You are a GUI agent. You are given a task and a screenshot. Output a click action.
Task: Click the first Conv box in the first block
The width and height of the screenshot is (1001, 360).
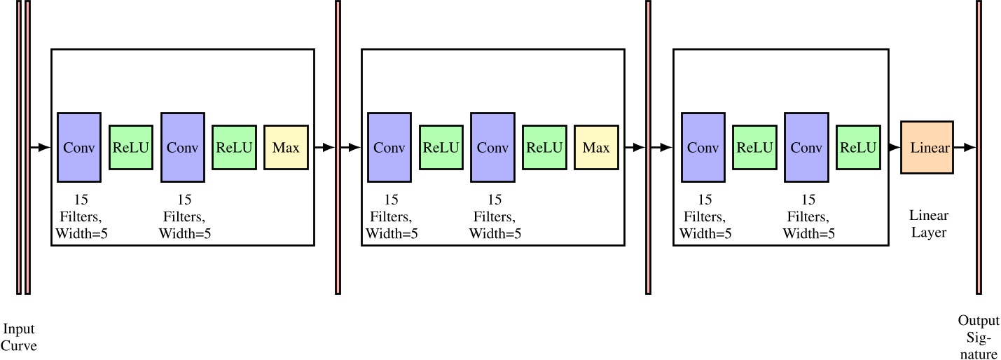point(79,147)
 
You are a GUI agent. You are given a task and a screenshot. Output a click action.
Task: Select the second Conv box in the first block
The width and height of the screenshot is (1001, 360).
point(183,147)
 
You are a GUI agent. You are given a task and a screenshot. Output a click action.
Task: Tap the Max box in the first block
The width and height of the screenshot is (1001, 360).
point(286,148)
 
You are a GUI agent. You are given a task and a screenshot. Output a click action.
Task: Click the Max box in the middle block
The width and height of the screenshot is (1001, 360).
point(596,148)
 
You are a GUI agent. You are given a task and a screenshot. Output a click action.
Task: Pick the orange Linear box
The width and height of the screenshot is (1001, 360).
point(927,148)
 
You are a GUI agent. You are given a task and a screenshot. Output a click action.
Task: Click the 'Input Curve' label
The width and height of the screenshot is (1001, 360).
point(18,337)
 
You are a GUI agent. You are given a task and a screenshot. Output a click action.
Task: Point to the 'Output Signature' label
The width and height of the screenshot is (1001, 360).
point(979,337)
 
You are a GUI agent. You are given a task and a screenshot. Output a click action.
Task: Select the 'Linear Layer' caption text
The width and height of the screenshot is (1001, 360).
point(928,223)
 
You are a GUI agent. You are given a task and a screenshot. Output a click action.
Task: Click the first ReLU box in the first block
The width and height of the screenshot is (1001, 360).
point(131,148)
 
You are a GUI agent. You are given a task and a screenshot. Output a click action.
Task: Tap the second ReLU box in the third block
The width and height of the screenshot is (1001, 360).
point(858,148)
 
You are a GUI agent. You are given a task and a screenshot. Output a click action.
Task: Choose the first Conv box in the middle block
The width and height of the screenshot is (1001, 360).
point(389,147)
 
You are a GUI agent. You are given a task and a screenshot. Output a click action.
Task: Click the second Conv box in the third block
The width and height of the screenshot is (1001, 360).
point(806,147)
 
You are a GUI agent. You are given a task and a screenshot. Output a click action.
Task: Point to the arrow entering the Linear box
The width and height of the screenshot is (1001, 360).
point(892,148)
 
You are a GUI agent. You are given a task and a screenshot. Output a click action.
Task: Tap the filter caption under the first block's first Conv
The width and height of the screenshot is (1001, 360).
point(81,216)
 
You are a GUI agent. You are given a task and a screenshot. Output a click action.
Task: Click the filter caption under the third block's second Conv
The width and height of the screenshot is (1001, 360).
point(808,216)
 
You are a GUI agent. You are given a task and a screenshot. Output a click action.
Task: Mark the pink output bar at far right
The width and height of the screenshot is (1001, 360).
point(979,147)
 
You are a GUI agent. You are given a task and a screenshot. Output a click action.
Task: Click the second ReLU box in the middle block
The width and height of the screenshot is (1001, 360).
point(544,148)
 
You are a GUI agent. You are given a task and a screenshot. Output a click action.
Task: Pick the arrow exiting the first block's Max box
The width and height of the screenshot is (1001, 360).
point(324,148)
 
